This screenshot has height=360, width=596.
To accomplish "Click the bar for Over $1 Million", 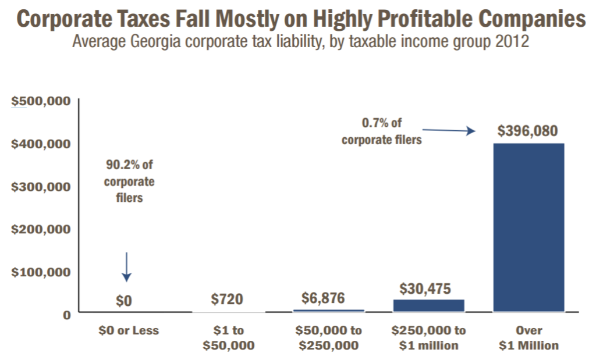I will click(528, 227).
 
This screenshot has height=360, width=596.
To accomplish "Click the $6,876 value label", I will click(323, 298).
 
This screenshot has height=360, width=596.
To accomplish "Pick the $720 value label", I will click(227, 300).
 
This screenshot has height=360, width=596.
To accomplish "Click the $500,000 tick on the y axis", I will click(41, 101).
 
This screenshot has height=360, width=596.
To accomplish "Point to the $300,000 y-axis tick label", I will click(41, 187).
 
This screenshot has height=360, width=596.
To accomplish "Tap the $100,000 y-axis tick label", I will click(41, 272).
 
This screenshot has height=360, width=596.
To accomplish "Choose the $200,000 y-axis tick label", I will click(41, 229).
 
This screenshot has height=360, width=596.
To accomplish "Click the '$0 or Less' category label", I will click(128, 330).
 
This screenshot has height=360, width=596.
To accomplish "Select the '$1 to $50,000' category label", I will click(228, 338).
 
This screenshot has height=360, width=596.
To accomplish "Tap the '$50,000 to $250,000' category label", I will click(328, 338).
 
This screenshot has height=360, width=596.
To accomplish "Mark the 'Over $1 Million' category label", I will click(528, 338).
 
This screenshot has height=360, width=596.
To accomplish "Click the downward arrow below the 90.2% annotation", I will click(127, 267).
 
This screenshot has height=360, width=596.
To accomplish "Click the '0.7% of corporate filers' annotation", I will click(381, 131).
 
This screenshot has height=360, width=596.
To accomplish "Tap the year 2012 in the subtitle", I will click(512, 43).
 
